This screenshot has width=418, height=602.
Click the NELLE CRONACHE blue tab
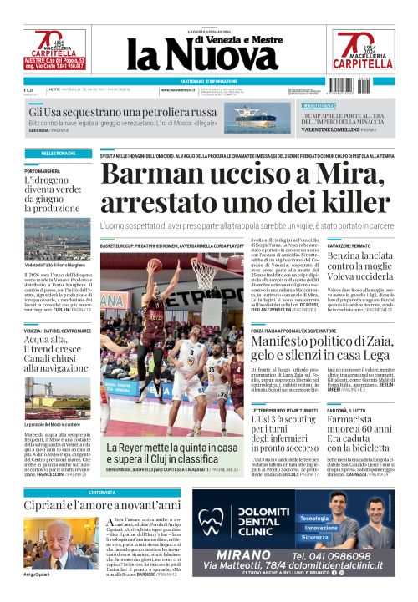pos(58,154)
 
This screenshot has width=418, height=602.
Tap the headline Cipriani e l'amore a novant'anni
pos(102,505)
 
